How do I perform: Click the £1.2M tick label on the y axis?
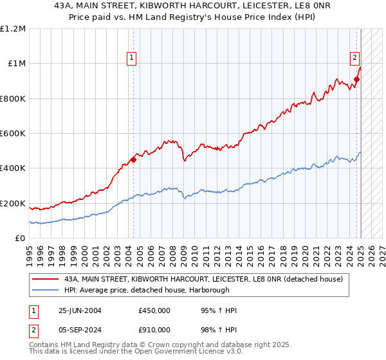click(13, 28)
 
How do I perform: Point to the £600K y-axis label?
click(13, 133)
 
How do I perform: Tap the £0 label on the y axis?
click(20, 239)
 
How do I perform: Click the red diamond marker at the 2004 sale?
click(133, 159)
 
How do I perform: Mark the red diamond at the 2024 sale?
click(356, 79)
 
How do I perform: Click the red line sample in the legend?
click(46, 279)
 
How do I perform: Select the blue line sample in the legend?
click(46, 290)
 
